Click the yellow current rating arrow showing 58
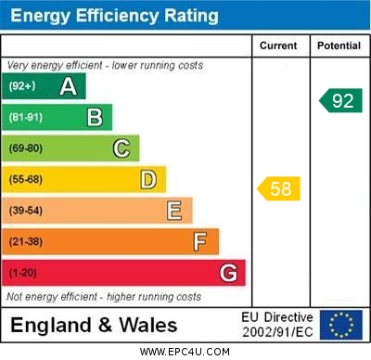[x=279, y=189]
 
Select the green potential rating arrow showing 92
[x=340, y=100]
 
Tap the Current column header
[x=278, y=45]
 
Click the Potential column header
[x=339, y=45]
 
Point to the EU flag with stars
[x=340, y=325]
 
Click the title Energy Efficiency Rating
[x=113, y=16]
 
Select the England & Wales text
[x=94, y=325]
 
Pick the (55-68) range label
[x=26, y=179]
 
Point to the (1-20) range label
[x=23, y=273]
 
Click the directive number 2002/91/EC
[x=277, y=331]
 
